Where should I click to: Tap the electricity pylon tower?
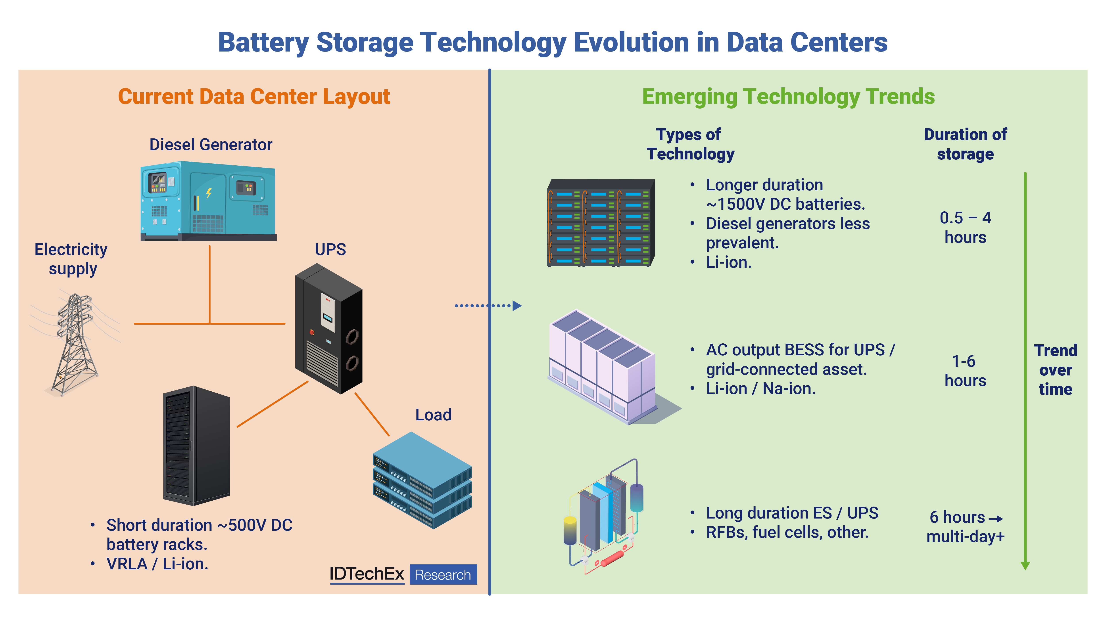click(75, 343)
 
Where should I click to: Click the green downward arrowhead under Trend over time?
click(1025, 566)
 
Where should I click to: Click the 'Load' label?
click(433, 415)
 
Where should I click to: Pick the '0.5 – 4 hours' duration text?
click(965, 228)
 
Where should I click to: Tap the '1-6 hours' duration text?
click(965, 371)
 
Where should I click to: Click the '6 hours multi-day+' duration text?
click(965, 527)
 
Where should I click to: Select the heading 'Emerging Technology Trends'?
click(788, 97)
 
